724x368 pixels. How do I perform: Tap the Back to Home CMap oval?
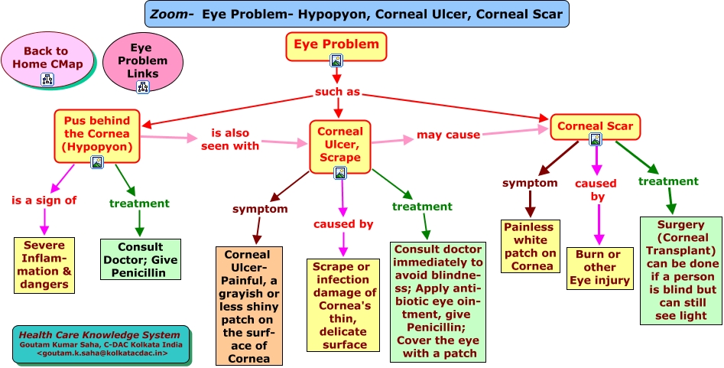click(x=47, y=59)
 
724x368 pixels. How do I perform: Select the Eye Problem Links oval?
click(x=143, y=61)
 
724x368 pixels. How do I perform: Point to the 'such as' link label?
click(x=337, y=92)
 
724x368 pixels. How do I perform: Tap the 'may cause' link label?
click(x=448, y=135)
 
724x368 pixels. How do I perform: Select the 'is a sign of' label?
click(x=44, y=200)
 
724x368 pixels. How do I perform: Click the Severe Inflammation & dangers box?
click(x=44, y=265)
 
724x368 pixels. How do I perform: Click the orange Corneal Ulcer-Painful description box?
click(x=249, y=305)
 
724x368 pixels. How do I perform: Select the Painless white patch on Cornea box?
click(x=528, y=246)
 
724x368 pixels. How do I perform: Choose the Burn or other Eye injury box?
click(x=599, y=268)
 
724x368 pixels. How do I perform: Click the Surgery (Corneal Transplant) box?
click(x=679, y=269)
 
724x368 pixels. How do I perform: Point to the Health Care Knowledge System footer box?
click(x=100, y=344)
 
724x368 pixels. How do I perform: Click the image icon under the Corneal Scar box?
click(x=595, y=139)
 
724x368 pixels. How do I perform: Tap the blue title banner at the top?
click(x=356, y=14)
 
